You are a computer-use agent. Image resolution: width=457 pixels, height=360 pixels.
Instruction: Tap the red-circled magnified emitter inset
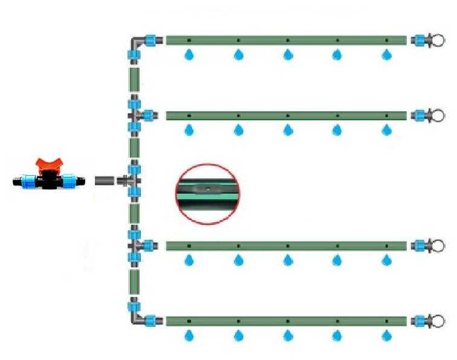[x=207, y=193]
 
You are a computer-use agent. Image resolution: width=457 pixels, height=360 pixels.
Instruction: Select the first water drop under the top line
[x=189, y=55]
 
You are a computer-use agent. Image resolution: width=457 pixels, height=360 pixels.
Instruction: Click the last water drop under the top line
[x=387, y=55]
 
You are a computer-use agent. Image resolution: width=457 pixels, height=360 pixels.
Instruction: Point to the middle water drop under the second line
[x=288, y=129]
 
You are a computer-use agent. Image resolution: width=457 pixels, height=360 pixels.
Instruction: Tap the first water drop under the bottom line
[x=189, y=334]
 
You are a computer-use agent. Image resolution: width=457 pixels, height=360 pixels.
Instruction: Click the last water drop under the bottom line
[x=387, y=334]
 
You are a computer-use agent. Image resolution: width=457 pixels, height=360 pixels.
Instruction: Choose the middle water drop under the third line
[x=288, y=260]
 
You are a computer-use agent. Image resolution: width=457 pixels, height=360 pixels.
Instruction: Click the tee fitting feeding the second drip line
[x=135, y=115]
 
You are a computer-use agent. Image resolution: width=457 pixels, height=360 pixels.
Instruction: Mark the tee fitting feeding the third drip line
[x=135, y=246]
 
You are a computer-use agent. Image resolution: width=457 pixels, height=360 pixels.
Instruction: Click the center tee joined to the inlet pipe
[x=133, y=181]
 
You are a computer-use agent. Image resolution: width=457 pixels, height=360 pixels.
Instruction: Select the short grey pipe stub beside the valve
[x=105, y=181]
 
